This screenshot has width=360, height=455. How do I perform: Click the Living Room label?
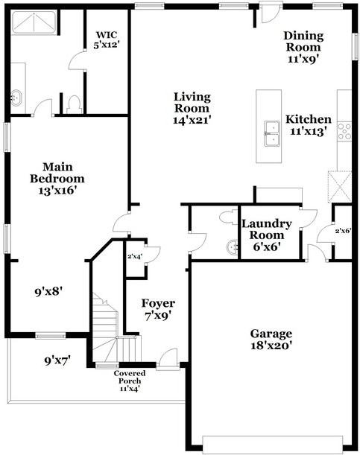tap(192, 108)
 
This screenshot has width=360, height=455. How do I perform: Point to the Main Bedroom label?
tap(57, 179)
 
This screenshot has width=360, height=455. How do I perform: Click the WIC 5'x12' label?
tap(107, 39)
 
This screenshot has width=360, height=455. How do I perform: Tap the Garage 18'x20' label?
tap(271, 340)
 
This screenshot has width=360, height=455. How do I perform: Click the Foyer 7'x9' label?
tap(158, 309)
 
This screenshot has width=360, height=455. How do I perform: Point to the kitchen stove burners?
tap(345, 132)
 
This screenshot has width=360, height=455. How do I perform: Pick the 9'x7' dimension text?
tap(57, 361)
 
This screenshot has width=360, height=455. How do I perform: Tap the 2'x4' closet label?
tap(135, 257)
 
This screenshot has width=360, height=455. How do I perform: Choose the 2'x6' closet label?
tap(342, 232)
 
